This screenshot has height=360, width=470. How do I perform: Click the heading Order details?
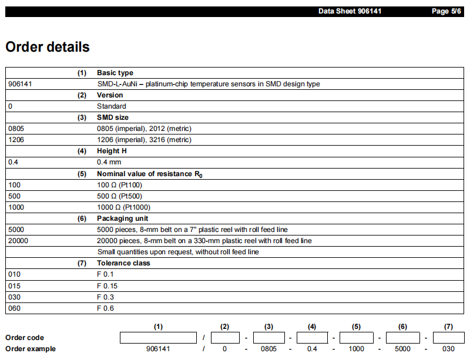tap(48, 47)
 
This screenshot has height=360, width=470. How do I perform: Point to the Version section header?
tap(110, 95)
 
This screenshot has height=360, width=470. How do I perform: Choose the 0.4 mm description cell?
tap(109, 162)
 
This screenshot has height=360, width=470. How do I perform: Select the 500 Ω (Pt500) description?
tap(119, 196)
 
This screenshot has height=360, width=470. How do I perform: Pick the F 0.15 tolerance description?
tap(108, 285)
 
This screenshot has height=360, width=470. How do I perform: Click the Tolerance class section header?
tap(123, 263)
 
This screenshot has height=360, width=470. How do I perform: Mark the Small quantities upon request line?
tap(177, 252)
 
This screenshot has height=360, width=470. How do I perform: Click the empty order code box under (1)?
tap(158, 338)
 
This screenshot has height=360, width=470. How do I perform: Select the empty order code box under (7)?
tap(448, 338)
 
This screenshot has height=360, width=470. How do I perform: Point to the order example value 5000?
tap(402, 349)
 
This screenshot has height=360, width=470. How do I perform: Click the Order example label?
tap(31, 349)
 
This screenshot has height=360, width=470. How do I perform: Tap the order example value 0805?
tap(268, 349)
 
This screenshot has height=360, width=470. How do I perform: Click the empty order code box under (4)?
tap(312, 338)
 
